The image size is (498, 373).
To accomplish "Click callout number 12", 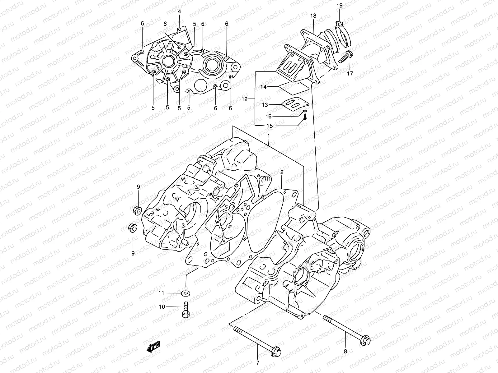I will tap(244, 99).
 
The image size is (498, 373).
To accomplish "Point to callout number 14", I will tap(264, 87).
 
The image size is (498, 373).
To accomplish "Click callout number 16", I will tap(268, 116).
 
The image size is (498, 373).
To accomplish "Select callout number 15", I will tap(270, 126).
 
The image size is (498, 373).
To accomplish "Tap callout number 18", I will tap(313, 16).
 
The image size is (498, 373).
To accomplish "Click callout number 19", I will tap(339, 5).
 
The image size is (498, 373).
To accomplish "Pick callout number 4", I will tap(180, 12).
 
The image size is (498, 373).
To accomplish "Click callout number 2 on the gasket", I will tap(282, 172).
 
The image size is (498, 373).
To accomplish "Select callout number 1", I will tap(269, 136).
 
